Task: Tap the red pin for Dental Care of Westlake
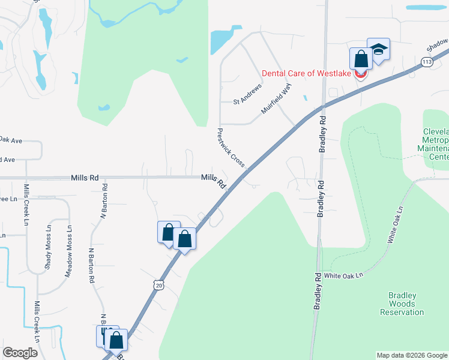pos(361,74)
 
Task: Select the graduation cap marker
pos(378,49)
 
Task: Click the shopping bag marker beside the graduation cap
pos(361,59)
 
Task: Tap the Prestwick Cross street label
pos(231,148)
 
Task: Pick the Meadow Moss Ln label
pos(68,251)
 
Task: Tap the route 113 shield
pos(427,62)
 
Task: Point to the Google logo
pos(20,353)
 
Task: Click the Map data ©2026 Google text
pos(412,355)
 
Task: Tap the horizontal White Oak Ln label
pos(344,275)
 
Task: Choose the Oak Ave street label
pos(11,140)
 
